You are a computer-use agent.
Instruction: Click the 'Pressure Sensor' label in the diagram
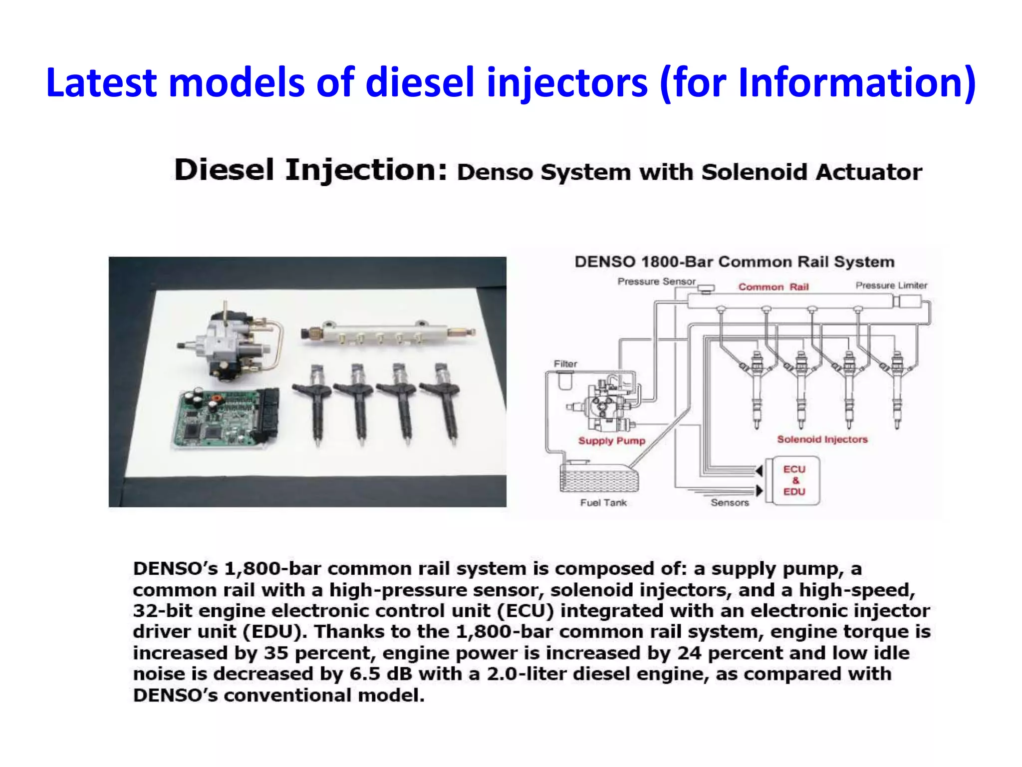point(656,282)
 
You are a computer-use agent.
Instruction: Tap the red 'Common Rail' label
point(773,287)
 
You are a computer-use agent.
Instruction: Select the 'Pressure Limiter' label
point(891,286)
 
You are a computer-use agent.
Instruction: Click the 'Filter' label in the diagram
point(565,364)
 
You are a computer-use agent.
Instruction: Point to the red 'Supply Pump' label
point(611,441)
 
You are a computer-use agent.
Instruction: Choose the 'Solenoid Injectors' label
point(822,439)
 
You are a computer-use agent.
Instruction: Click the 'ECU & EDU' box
point(794,480)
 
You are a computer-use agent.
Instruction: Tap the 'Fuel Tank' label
point(603,503)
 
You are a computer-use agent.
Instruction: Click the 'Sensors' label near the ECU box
point(730,503)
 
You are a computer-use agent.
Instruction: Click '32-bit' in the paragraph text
point(162,611)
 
